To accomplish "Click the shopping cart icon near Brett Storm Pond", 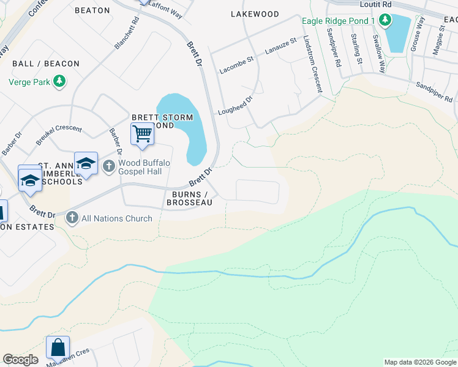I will (x=142, y=133).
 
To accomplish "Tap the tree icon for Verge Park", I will (x=59, y=81).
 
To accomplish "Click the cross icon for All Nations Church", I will (x=72, y=218).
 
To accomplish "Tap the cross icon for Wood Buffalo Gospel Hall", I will (x=109, y=165).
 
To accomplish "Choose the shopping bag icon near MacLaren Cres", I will (x=58, y=347).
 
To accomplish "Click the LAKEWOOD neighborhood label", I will (x=254, y=13).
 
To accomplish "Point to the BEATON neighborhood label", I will (x=92, y=10).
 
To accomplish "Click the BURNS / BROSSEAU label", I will (x=189, y=198).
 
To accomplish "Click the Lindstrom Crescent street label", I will (x=312, y=64).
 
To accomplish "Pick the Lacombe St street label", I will (x=236, y=65).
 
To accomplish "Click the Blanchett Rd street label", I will (x=127, y=32).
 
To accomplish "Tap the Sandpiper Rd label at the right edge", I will (x=434, y=92).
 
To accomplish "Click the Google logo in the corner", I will (x=20, y=360).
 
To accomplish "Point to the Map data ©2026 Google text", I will (x=419, y=362).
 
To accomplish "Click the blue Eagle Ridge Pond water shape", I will (x=398, y=34).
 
